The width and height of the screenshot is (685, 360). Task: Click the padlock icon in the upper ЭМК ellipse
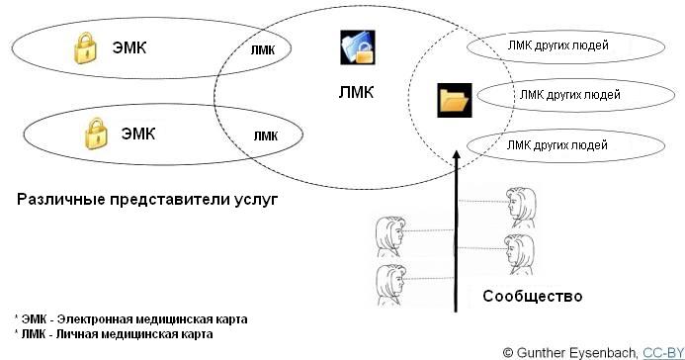[x=85, y=48]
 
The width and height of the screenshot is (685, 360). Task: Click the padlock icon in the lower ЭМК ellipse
[x=96, y=134]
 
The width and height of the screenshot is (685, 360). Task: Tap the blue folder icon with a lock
[x=358, y=47]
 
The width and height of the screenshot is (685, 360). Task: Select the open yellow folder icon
[x=455, y=100]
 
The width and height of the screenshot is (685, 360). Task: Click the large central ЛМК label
[x=356, y=93]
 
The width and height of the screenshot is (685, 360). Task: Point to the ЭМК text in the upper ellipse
[x=128, y=47]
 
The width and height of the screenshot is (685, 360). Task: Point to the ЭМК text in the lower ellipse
[x=138, y=134]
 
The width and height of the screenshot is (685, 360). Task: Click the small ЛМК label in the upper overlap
[x=263, y=50]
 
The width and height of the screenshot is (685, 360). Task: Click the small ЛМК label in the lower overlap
[x=266, y=136]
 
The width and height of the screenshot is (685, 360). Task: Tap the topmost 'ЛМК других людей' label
[x=557, y=45]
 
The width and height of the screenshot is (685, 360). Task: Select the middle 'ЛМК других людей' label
[x=569, y=94]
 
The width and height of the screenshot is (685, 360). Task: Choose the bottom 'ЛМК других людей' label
[x=557, y=144]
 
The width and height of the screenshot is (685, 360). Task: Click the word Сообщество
[x=533, y=297]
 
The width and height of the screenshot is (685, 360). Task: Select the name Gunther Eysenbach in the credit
[x=577, y=353]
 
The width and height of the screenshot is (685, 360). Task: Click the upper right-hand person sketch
[x=522, y=208]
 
